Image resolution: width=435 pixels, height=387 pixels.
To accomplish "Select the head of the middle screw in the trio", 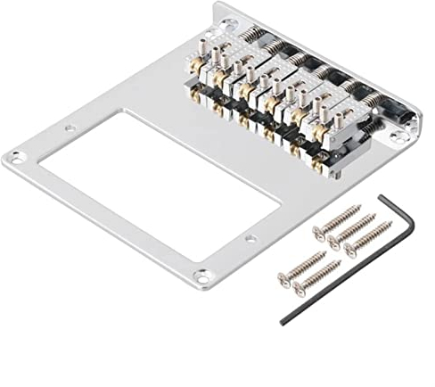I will coord(333,244).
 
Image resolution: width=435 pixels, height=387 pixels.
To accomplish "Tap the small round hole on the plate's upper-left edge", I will coord(68,130).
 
